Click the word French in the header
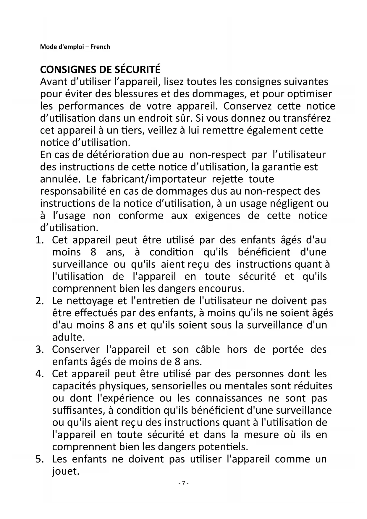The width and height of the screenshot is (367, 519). tap(100, 47)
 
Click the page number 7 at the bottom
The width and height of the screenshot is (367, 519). tap(183, 483)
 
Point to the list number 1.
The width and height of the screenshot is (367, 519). tap(39, 240)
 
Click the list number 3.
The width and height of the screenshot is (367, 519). tap(39, 349)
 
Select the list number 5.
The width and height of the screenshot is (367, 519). tap(39, 459)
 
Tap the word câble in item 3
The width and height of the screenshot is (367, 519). tap(208, 349)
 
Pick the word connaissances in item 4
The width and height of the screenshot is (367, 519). tap(229, 398)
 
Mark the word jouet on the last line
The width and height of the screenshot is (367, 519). tap(66, 471)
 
